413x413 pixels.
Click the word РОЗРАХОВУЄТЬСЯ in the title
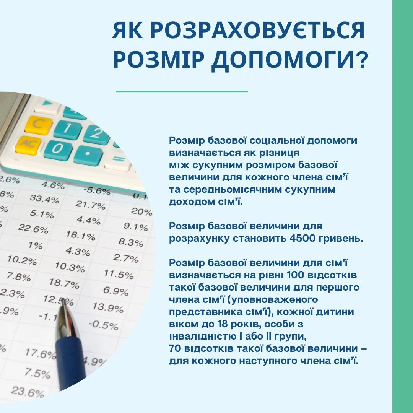click(x=259, y=30)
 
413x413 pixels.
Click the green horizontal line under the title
click(x=182, y=91)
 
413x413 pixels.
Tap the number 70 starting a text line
click(x=175, y=348)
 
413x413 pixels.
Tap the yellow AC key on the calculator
click(x=28, y=145)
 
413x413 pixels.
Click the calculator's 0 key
click(x=58, y=150)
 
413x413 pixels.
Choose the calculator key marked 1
click(x=68, y=129)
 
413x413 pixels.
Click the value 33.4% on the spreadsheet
click(x=44, y=199)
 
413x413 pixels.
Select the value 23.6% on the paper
click(x=28, y=392)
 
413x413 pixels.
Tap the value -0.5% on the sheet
click(x=104, y=325)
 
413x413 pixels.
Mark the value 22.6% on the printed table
click(x=33, y=228)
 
